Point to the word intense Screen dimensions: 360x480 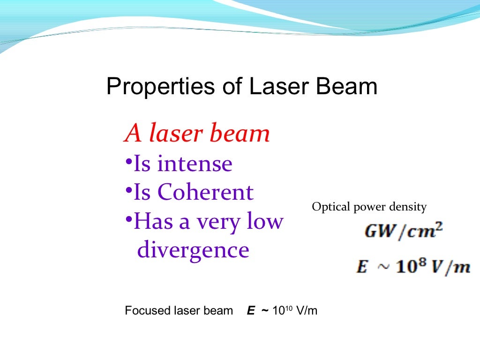point(195,164)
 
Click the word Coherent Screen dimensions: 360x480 point(206,193)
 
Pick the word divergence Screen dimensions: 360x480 point(193,250)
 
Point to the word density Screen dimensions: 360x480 point(409,207)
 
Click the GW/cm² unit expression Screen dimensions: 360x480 point(404,232)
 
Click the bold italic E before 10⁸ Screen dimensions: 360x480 point(361,267)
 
